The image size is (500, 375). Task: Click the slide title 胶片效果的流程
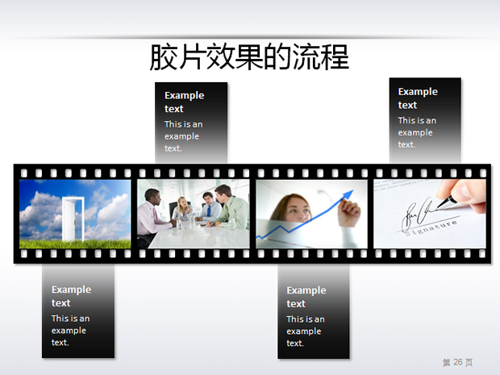(x=249, y=56)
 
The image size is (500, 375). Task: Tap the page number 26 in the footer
(x=458, y=362)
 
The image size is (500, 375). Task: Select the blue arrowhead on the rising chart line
(x=348, y=195)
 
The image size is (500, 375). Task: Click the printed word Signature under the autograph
(x=431, y=227)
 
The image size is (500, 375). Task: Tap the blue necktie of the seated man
(x=209, y=210)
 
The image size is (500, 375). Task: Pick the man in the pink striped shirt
(x=152, y=217)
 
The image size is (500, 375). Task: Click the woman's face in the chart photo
(x=298, y=210)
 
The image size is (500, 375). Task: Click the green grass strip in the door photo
(x=75, y=244)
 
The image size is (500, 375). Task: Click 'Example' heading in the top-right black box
(x=418, y=91)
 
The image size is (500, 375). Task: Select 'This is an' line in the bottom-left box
(x=70, y=319)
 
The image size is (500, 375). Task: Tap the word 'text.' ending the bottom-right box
(x=295, y=343)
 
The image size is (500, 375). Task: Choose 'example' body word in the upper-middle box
(x=181, y=136)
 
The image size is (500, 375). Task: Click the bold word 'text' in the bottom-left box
(x=61, y=303)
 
